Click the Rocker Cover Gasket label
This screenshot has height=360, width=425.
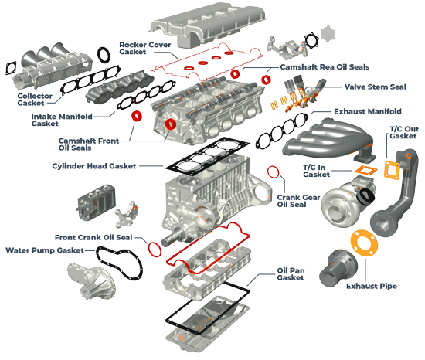(x=145, y=48)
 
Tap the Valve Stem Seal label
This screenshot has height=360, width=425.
(x=376, y=87)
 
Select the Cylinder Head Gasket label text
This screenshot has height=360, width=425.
(x=94, y=166)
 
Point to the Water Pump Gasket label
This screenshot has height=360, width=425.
(x=45, y=250)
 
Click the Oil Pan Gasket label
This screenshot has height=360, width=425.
(x=291, y=273)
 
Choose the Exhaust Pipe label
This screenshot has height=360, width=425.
(x=372, y=286)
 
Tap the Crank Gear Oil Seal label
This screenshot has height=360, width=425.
(x=298, y=201)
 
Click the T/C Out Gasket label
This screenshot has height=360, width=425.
(x=404, y=132)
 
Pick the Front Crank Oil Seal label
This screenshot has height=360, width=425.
(x=93, y=238)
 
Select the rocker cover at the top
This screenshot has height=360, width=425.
(x=207, y=25)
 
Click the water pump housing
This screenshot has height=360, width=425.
(x=92, y=281)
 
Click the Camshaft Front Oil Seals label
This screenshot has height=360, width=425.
(x=89, y=144)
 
